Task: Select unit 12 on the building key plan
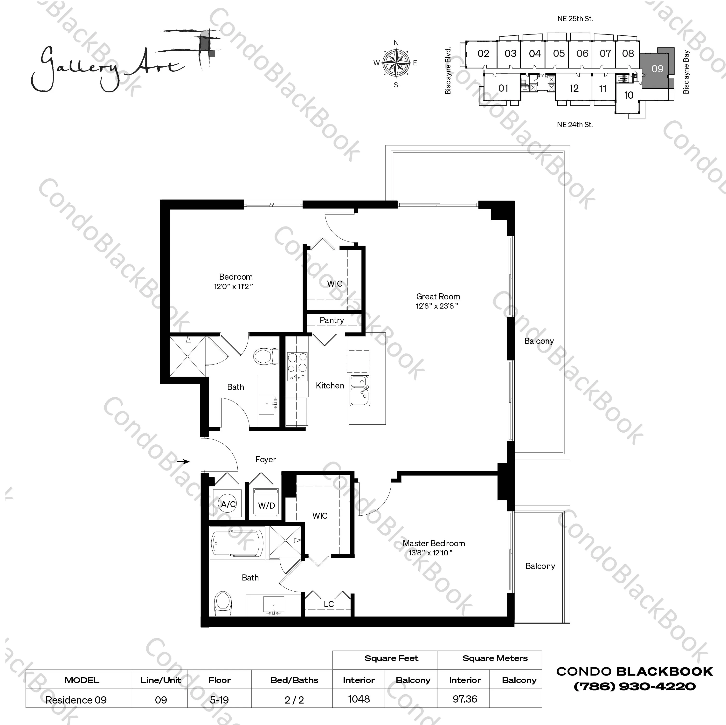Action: (574, 88)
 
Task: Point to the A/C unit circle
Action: (228, 504)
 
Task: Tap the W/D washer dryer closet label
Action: (266, 505)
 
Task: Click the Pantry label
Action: (332, 320)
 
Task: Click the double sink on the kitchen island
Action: (360, 391)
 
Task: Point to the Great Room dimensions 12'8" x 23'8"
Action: (437, 306)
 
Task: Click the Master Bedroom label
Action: (434, 543)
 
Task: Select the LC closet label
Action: (328, 604)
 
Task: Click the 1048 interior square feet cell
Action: (359, 699)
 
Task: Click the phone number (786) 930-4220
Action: (634, 687)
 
